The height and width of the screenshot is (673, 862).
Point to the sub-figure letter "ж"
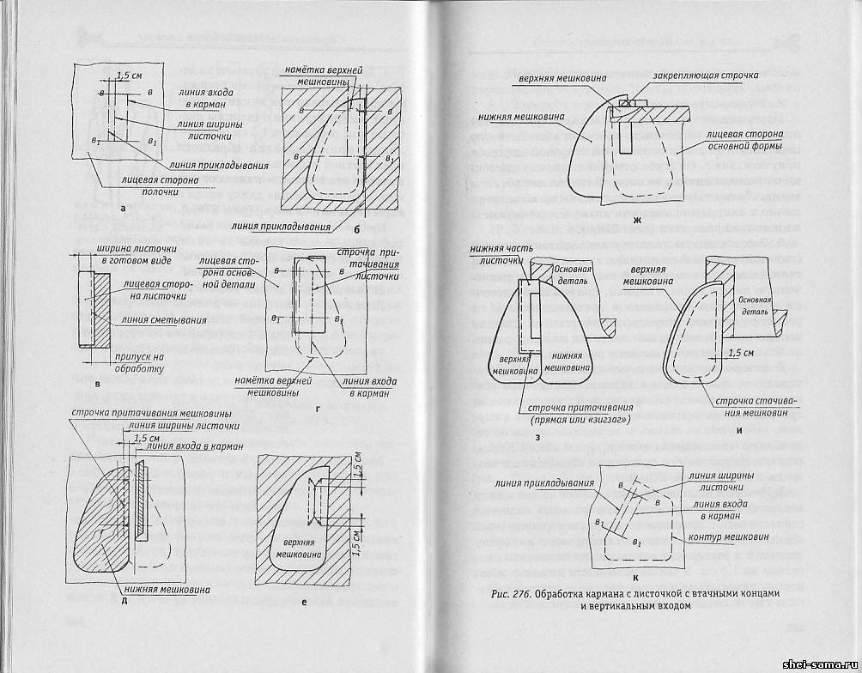pos(636,222)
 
